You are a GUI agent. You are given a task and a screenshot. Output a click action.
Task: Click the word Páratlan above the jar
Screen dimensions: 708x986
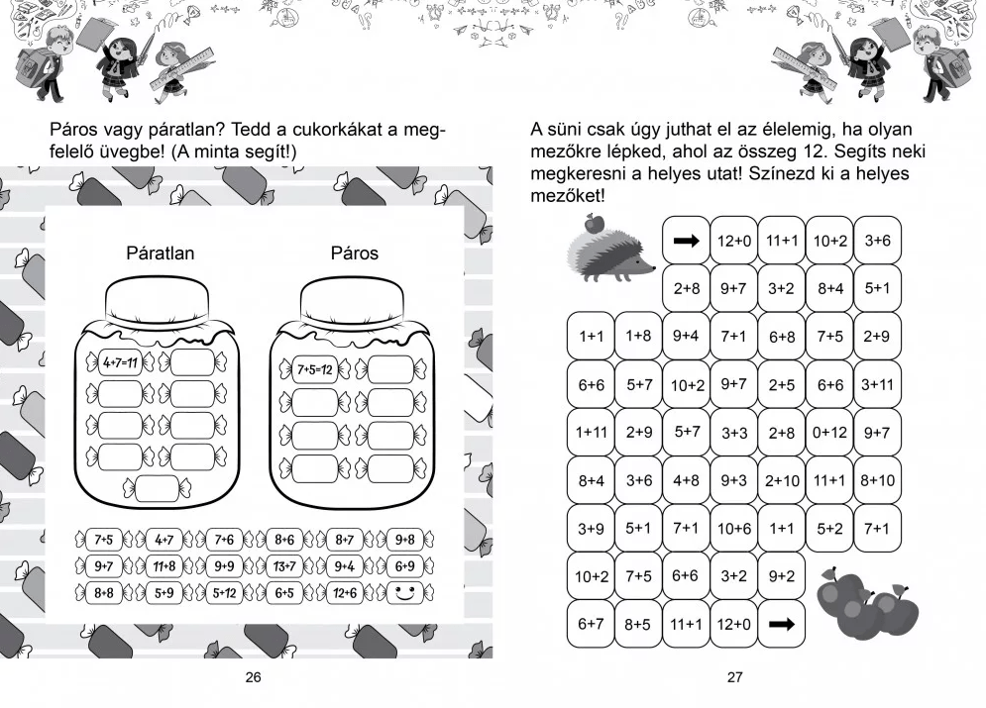tap(160, 253)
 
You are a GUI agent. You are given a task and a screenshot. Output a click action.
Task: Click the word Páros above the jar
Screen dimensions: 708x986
tap(354, 253)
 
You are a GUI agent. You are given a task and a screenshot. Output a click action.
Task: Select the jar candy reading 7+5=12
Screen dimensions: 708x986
tap(313, 370)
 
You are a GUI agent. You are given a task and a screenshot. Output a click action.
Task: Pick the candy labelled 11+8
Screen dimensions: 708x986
tap(164, 566)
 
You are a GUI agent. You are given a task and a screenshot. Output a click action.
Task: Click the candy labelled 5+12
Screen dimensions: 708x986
tap(224, 593)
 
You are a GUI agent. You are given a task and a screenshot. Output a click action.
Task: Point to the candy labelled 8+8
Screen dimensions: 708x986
tap(104, 593)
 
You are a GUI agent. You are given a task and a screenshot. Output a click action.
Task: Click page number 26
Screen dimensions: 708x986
tap(253, 678)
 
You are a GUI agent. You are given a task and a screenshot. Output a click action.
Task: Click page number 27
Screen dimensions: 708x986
tap(734, 678)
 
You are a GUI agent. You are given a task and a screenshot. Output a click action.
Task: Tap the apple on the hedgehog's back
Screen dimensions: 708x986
tap(594, 223)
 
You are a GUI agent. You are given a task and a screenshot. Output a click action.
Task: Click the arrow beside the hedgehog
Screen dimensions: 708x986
tap(686, 241)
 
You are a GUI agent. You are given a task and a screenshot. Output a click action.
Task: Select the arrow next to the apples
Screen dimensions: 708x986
tap(782, 625)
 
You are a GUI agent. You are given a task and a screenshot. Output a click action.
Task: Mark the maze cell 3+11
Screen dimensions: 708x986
tap(877, 384)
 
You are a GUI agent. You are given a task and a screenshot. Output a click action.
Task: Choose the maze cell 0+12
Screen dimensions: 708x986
tap(829, 433)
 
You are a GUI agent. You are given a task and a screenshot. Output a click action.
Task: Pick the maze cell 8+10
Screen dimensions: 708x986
tap(877, 481)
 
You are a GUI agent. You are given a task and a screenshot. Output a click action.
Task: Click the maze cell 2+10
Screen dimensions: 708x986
tap(782, 481)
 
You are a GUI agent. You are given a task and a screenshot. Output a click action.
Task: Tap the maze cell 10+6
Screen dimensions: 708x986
tap(734, 529)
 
